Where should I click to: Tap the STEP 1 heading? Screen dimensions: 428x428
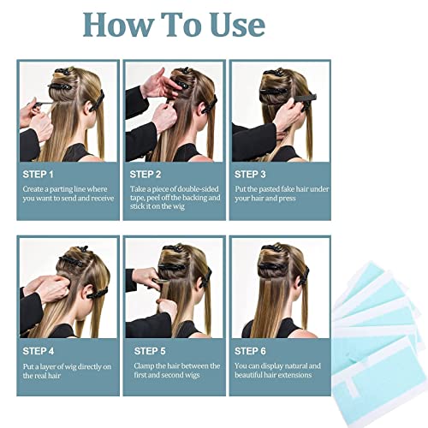point(38,175)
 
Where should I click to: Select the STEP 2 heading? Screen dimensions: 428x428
point(146,175)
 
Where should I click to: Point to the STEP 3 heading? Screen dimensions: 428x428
point(250,175)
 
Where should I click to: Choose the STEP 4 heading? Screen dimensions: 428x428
point(39,351)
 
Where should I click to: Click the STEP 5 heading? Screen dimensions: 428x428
point(150,351)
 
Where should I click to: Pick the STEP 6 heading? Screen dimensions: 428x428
point(250,351)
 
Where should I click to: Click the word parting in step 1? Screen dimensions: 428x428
point(61,190)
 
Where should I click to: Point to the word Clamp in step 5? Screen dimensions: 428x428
point(144,366)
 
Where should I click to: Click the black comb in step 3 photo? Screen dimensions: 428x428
point(305,98)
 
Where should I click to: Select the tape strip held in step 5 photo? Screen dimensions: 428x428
point(160,281)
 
